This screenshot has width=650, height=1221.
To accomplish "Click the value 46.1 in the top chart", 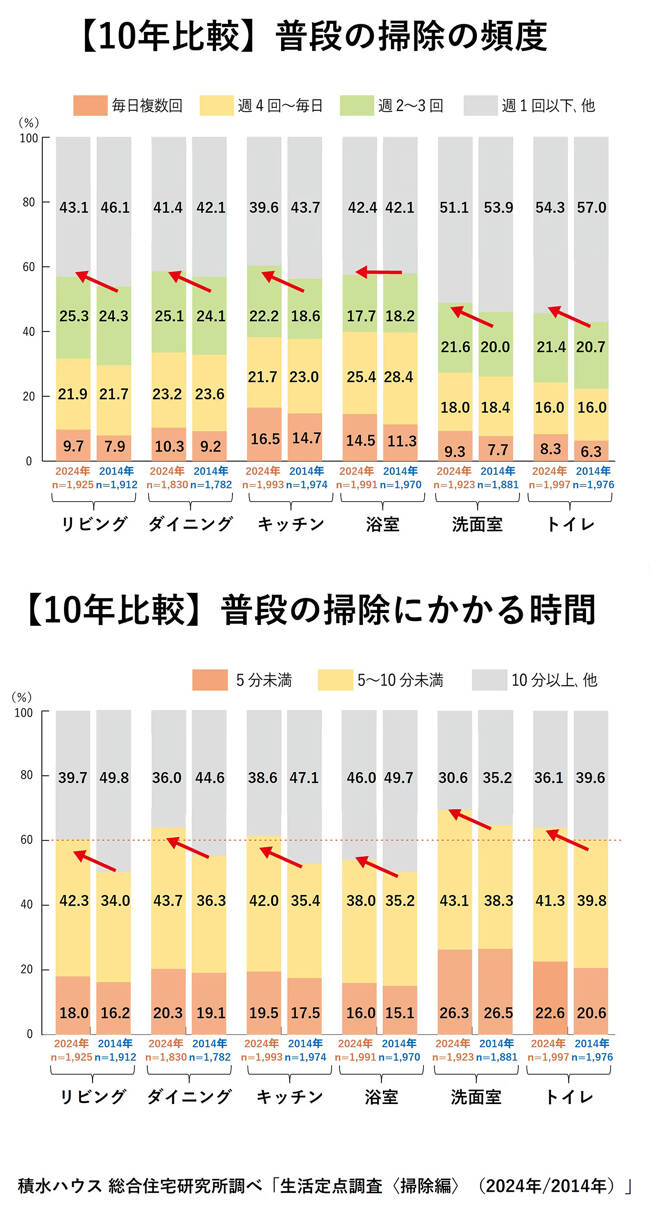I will pos(115,208).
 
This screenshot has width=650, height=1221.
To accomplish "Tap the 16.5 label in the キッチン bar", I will pos(265,439).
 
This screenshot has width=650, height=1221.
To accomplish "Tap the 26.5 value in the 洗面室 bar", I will pos(496,1012).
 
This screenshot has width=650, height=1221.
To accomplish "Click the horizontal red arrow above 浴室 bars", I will pos(379,271).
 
